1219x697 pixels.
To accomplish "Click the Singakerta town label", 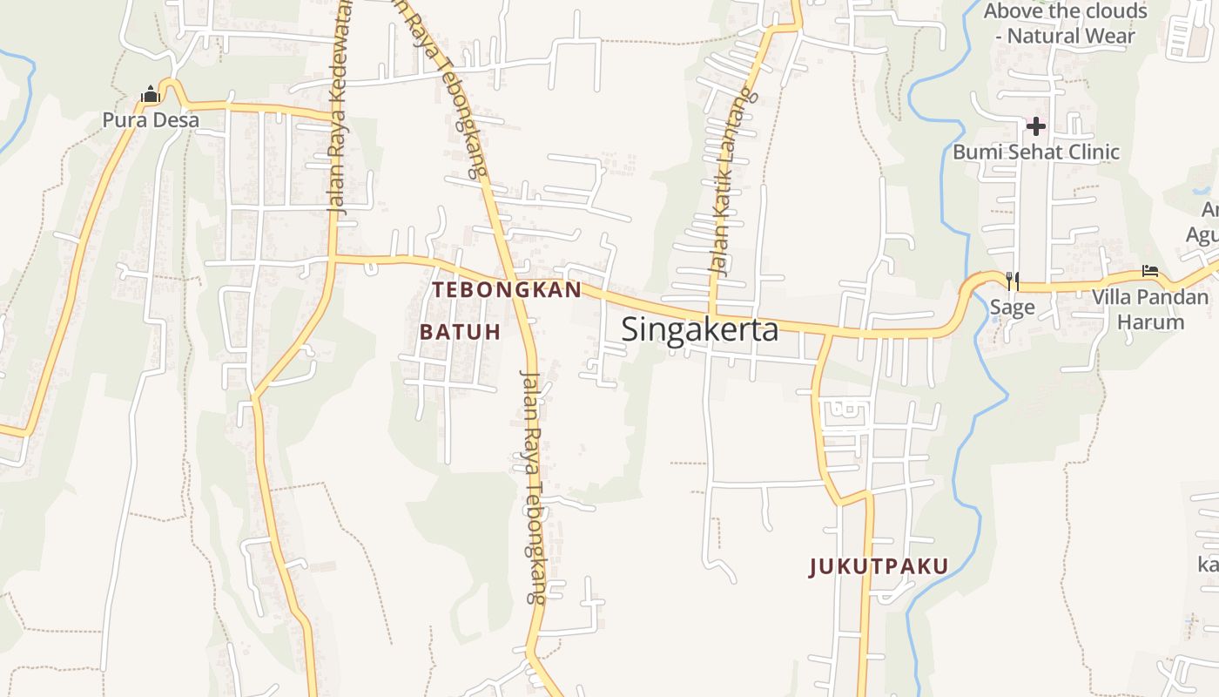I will pos(700,330).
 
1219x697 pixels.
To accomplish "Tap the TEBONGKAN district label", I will pos(507,290).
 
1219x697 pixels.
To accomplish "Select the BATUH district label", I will pos(461,332).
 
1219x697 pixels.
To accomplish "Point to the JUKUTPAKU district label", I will pos(879,567).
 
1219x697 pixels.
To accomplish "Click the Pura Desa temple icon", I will pos(151,94).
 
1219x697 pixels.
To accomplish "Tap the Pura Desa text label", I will pos(151,119).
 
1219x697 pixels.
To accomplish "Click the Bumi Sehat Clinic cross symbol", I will pos(1035,127).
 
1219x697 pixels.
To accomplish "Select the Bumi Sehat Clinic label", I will pos(1035,152).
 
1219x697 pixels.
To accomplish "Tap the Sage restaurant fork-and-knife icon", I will pos(1012,281).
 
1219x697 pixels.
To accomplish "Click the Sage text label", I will pos(1012,307).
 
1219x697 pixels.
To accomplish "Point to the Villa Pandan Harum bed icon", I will pos(1150,272).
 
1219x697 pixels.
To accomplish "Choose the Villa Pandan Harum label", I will pos(1150,309).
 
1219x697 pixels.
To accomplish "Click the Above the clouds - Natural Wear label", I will pos(1066,24).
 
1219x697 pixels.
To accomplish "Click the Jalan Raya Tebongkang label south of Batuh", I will pos(531,488).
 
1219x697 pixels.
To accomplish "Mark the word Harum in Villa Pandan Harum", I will pos(1150,322).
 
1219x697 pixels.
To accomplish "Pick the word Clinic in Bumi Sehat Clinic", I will pos(1088,152).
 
